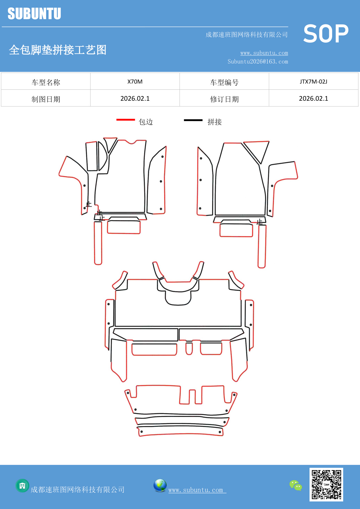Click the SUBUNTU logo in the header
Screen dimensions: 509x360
click(34, 14)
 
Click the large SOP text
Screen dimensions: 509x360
click(326, 34)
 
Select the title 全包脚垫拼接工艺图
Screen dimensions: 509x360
click(58, 50)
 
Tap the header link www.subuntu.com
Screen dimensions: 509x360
click(264, 53)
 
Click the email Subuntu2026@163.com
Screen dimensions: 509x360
click(258, 62)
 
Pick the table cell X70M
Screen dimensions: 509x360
click(135, 82)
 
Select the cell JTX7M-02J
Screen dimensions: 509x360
click(313, 82)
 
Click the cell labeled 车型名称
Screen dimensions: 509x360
click(46, 82)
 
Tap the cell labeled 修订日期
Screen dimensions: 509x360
click(224, 99)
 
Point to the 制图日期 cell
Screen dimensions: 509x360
click(46, 99)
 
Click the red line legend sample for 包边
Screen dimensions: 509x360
click(126, 120)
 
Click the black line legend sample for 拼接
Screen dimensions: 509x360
click(193, 120)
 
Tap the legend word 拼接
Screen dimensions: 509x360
click(215, 122)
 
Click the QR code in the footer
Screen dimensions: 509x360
click(326, 484)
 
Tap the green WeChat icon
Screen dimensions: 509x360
click(296, 485)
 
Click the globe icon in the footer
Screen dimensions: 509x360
click(160, 485)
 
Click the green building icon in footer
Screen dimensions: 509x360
click(22, 485)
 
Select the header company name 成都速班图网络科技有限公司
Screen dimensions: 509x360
click(247, 35)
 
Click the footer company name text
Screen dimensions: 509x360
click(77, 490)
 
